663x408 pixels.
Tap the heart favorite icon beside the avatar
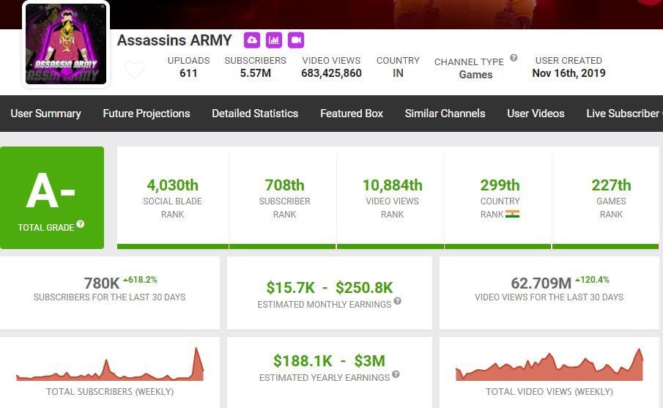(134, 70)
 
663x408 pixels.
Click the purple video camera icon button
(296, 40)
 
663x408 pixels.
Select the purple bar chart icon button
(274, 40)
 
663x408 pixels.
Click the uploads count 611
(188, 73)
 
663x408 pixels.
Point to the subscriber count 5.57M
(255, 73)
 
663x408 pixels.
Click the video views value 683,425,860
(331, 73)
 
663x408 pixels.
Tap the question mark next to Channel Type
(514, 58)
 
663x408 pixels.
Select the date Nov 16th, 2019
(568, 73)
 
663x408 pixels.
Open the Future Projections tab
(147, 114)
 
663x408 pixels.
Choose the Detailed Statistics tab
(255, 114)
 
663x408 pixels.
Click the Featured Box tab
(352, 114)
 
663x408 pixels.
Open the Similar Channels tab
(445, 114)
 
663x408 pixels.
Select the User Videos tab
(536, 114)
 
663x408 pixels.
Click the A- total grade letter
(51, 192)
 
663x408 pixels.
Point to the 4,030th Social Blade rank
(173, 185)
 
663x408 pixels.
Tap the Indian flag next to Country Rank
(512, 215)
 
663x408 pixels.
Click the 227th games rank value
(611, 185)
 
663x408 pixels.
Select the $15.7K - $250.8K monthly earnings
(329, 287)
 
